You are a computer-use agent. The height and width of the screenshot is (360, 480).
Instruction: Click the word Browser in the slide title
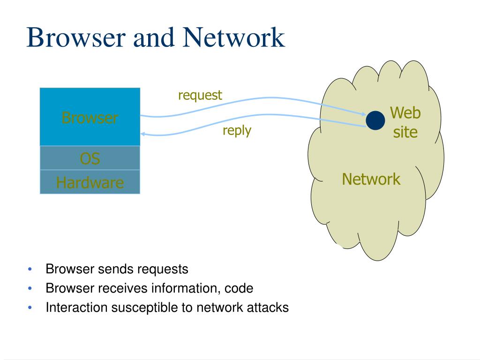(x=76, y=37)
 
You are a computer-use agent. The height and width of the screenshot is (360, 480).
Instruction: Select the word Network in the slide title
(x=233, y=37)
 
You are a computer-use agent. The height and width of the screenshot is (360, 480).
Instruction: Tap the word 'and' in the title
(x=154, y=37)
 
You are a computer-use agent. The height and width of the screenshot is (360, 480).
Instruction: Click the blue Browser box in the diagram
(x=90, y=117)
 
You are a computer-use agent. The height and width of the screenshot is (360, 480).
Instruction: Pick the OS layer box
(x=90, y=158)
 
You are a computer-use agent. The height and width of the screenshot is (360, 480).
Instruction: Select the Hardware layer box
(x=90, y=182)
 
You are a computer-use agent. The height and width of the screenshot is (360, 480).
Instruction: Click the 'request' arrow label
(x=200, y=96)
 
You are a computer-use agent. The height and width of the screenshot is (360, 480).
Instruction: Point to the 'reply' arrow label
(x=237, y=131)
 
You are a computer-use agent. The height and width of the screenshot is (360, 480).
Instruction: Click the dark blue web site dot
(x=375, y=120)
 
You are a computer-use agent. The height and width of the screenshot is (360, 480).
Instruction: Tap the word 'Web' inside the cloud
(x=405, y=112)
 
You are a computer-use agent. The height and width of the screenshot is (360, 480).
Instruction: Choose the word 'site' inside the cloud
(x=405, y=132)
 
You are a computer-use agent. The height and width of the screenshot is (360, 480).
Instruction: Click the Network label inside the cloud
(x=371, y=179)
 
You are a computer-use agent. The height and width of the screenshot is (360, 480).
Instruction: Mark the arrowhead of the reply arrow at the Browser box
(x=142, y=134)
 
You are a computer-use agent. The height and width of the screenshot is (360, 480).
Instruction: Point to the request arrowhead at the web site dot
(x=364, y=114)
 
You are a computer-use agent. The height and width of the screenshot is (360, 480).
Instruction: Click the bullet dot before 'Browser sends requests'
(x=30, y=269)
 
